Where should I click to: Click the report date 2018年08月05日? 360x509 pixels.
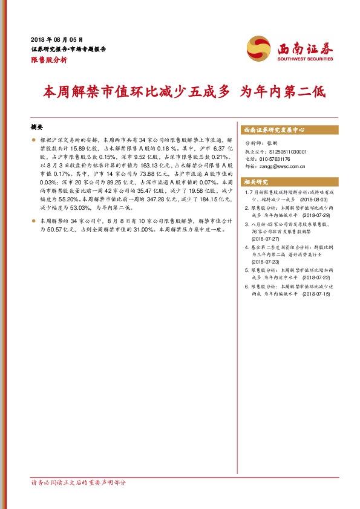56,38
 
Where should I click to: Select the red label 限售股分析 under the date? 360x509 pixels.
48,61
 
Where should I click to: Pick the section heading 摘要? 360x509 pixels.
37,128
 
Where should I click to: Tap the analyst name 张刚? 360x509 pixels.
270,144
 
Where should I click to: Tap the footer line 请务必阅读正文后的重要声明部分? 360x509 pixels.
79,483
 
